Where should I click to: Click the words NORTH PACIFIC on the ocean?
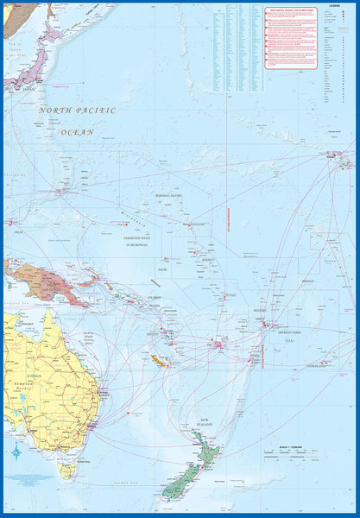[77, 111]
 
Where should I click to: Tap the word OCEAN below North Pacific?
[77, 132]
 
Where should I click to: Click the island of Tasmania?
[67, 470]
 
